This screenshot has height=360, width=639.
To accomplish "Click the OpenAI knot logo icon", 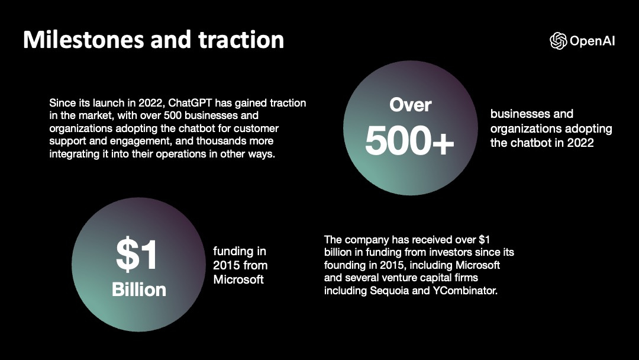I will pyautogui.click(x=558, y=40).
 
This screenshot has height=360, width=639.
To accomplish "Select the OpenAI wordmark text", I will pyautogui.click(x=592, y=41).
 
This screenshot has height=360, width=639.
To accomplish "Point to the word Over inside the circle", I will pyautogui.click(x=410, y=105).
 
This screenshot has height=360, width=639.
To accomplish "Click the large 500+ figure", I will pyautogui.click(x=409, y=141).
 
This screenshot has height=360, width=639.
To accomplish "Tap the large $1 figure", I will pyautogui.click(x=137, y=254).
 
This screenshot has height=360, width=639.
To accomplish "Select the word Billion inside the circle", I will pyautogui.click(x=139, y=289).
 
